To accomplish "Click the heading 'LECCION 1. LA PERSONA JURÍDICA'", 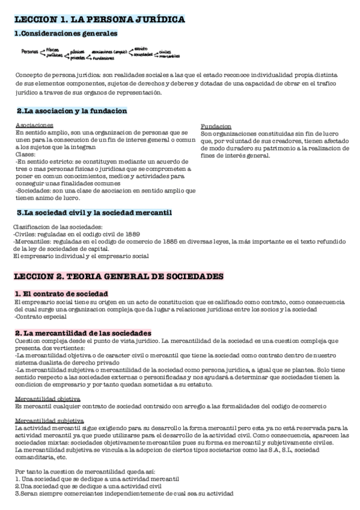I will tap(99, 20).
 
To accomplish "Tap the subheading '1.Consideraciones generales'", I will tap(66, 34).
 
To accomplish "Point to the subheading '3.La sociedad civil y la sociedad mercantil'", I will tap(94, 212).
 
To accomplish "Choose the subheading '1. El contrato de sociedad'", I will tap(61, 293).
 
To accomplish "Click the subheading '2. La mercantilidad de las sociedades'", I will tap(83, 333).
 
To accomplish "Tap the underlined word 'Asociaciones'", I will tap(32, 124).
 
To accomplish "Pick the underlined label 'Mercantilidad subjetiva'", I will tap(49, 420).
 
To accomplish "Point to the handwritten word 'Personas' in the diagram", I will tap(29, 52).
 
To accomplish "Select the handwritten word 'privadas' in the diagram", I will tap(78, 58).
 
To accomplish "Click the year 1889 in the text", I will tap(146, 234).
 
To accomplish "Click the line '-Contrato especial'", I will tap(37, 316).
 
